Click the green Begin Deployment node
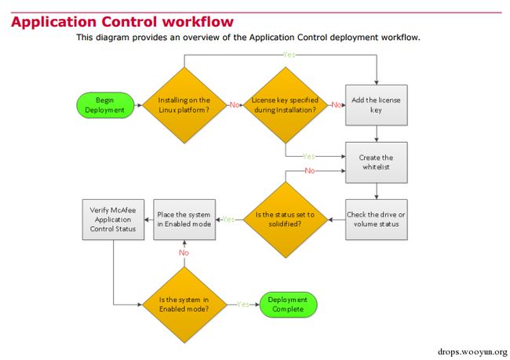click(x=105, y=105)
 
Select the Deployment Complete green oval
click(x=288, y=304)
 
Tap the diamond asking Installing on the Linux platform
click(x=184, y=105)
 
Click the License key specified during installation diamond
click(x=286, y=105)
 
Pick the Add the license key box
click(x=377, y=105)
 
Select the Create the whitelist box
click(x=377, y=162)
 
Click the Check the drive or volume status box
click(x=377, y=220)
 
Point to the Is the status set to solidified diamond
click(x=286, y=220)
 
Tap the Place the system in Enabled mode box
click(x=184, y=220)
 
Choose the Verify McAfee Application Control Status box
click(x=113, y=220)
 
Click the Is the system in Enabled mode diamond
click(x=184, y=305)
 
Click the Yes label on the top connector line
click(x=290, y=55)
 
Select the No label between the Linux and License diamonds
click(x=235, y=105)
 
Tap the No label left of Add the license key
click(x=337, y=105)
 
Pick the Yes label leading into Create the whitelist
click(x=308, y=156)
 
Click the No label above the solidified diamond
click(x=310, y=170)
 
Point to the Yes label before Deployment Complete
click(x=243, y=304)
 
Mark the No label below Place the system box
click(x=184, y=253)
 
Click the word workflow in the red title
click(x=198, y=22)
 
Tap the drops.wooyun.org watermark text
click(x=472, y=352)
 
